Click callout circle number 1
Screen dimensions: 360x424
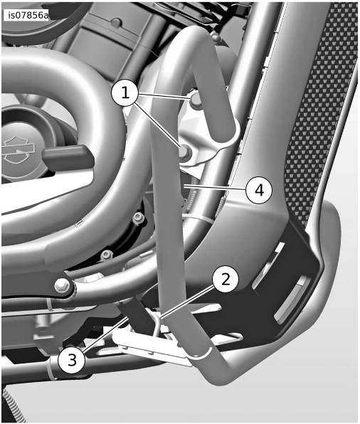coord(125,92)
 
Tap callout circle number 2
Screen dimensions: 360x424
coord(226,279)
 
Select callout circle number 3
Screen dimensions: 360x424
coord(72,360)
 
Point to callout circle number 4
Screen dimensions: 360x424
coord(259,190)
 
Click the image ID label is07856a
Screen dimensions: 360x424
coord(26,16)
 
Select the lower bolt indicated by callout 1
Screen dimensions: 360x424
coord(186,152)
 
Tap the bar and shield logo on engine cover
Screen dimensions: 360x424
coord(18,150)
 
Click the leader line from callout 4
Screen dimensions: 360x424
coord(214,188)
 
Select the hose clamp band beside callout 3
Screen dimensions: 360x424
coord(52,368)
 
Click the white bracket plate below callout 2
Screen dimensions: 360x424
coord(152,347)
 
